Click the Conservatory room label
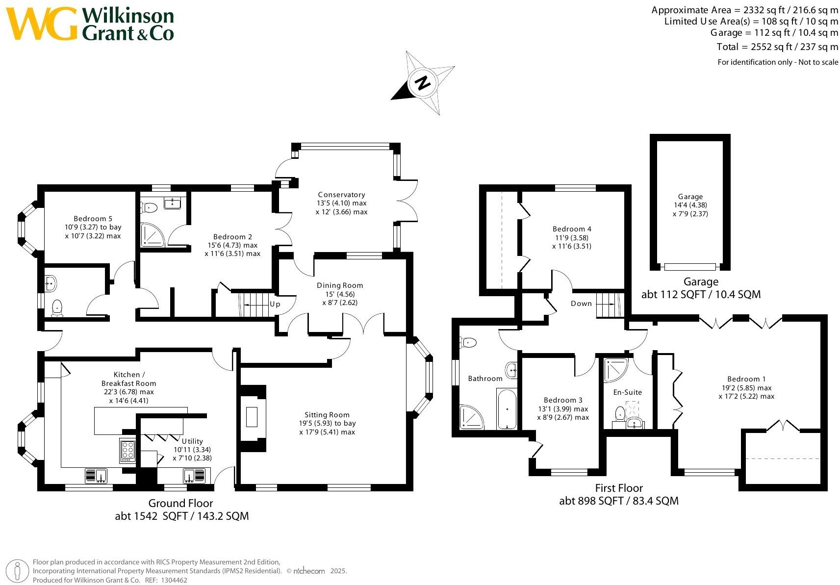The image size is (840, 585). [341, 195]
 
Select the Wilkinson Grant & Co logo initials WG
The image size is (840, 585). [41, 24]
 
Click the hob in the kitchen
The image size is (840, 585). [127, 450]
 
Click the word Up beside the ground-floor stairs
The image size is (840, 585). [275, 304]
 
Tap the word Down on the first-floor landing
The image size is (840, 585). [581, 304]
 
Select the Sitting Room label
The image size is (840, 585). [327, 414]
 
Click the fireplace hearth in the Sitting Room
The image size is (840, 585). [252, 417]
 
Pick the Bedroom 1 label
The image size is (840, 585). [746, 379]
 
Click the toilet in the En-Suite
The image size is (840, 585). [619, 413]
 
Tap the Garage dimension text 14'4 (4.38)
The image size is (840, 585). [690, 205]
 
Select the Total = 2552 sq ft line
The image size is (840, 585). [777, 47]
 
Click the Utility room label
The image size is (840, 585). [192, 441]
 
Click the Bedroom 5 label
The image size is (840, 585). [93, 219]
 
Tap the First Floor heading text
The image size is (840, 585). [618, 488]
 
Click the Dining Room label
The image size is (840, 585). [339, 285]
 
